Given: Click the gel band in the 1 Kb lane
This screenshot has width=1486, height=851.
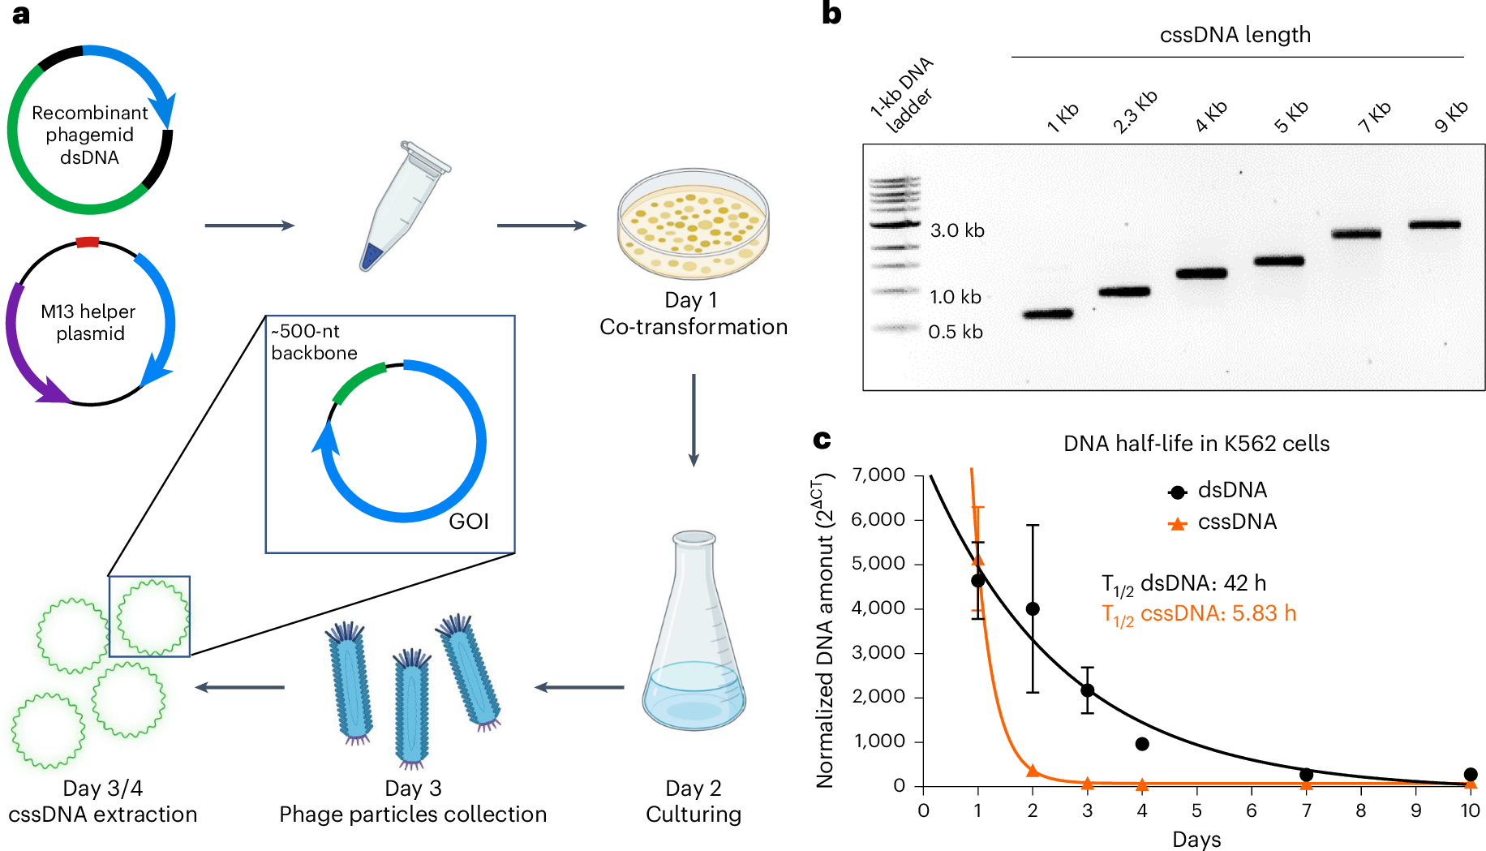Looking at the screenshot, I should (1048, 313).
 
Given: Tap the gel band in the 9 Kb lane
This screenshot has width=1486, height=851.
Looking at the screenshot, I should (1434, 225).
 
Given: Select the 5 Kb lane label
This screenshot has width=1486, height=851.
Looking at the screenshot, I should (1291, 118).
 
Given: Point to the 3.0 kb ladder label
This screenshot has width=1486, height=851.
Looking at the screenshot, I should (957, 230).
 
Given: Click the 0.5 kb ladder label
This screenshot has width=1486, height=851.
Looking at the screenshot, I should (956, 332).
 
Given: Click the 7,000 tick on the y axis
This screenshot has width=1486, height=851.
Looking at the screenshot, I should (878, 475).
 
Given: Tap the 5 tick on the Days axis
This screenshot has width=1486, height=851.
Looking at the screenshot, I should (1196, 810).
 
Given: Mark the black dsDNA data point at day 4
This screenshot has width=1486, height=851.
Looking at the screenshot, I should (1142, 744).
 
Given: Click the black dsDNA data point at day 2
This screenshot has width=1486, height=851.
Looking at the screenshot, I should (1033, 608).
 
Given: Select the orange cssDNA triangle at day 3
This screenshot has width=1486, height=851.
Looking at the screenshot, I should (1088, 784).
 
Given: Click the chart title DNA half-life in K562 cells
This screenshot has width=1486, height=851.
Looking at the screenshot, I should (1196, 444).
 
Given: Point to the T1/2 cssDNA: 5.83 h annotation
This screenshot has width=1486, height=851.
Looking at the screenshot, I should (1199, 614).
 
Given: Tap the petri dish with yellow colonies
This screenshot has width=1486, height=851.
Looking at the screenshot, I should (693, 224).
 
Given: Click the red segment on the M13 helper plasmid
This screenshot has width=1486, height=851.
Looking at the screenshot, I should (87, 242).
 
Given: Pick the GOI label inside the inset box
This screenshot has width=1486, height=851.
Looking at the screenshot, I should (469, 522).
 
